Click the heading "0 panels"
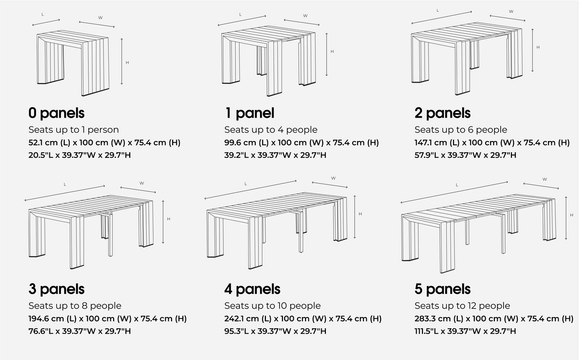(56, 113)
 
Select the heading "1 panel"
(249, 113)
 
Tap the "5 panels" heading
(442, 289)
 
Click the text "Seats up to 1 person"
(73, 129)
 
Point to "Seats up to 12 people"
(462, 305)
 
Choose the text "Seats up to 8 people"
(75, 305)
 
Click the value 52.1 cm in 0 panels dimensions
(45, 142)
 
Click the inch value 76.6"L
(43, 331)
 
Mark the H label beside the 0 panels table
(127, 63)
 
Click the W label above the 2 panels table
(510, 11)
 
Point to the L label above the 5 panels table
(457, 185)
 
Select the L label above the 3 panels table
(65, 185)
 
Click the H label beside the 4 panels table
(360, 214)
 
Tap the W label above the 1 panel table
(305, 16)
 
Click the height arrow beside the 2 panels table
(532, 50)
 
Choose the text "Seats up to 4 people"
(271, 129)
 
